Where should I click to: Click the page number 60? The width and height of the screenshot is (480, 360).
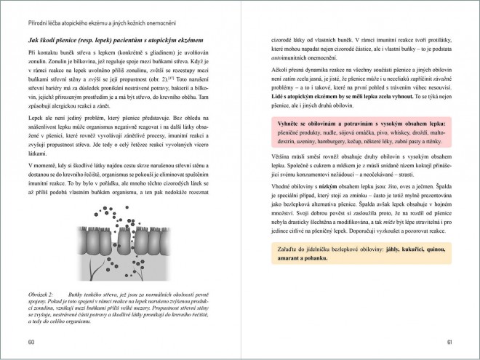tap(31, 341)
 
